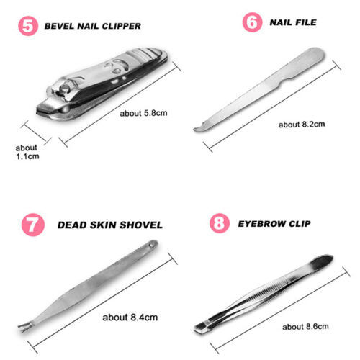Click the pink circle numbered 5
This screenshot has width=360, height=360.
pyautogui.click(x=28, y=26)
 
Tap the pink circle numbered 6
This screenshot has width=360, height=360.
pyautogui.click(x=252, y=22)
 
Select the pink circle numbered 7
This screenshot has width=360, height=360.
pyautogui.click(x=33, y=225)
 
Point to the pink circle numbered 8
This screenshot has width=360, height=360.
pyautogui.click(x=220, y=223)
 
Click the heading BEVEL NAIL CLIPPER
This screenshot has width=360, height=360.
pyautogui.click(x=93, y=26)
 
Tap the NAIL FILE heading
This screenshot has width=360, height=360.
pyautogui.click(x=293, y=22)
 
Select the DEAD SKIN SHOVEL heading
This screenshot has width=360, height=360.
pyautogui.click(x=110, y=225)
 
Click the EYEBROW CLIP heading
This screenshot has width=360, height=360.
pyautogui.click(x=274, y=224)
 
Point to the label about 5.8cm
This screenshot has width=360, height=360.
pyautogui.click(x=143, y=113)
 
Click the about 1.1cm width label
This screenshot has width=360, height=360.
pyautogui.click(x=27, y=152)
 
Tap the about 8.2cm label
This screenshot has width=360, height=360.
pyautogui.click(x=302, y=125)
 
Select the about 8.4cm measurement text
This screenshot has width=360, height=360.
pyautogui.click(x=130, y=318)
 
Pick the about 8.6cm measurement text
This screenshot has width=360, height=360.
pyautogui.click(x=305, y=327)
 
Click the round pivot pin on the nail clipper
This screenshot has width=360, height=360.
pyautogui.click(x=64, y=89)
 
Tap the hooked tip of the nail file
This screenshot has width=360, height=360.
pyautogui.click(x=199, y=128)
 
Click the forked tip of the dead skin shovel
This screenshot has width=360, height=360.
pyautogui.click(x=24, y=328)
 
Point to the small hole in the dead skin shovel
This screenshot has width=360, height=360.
pyautogui.click(x=151, y=246)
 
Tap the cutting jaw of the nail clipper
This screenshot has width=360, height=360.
pyautogui.click(x=48, y=111)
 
